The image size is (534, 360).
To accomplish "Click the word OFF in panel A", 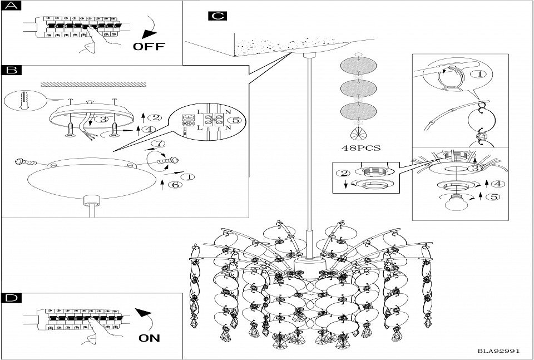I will click(149, 46).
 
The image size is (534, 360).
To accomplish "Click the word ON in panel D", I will click(149, 337).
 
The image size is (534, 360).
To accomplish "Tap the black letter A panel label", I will click(11, 7).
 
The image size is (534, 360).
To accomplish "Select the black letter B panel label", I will click(11, 70).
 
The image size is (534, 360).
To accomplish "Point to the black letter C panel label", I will click(217, 16).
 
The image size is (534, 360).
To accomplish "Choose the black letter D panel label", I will click(11, 298).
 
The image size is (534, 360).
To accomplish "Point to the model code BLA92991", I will click(498, 351).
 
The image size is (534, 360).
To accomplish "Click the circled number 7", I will click(159, 144).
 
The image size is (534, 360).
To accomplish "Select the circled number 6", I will click(174, 185).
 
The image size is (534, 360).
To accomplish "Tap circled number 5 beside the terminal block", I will click(236, 120).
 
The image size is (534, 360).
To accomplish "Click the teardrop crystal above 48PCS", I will click(359, 133).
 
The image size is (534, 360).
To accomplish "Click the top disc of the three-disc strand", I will click(359, 67).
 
